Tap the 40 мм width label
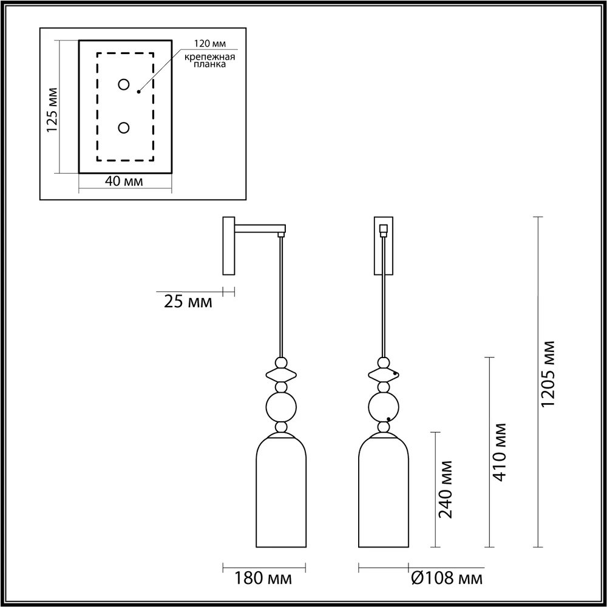124,181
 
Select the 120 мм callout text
210,43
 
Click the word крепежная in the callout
210,57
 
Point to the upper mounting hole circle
124,84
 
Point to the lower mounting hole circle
124,127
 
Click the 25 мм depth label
188,302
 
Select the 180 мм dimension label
263,578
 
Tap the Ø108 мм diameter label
446,578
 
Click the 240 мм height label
445,489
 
